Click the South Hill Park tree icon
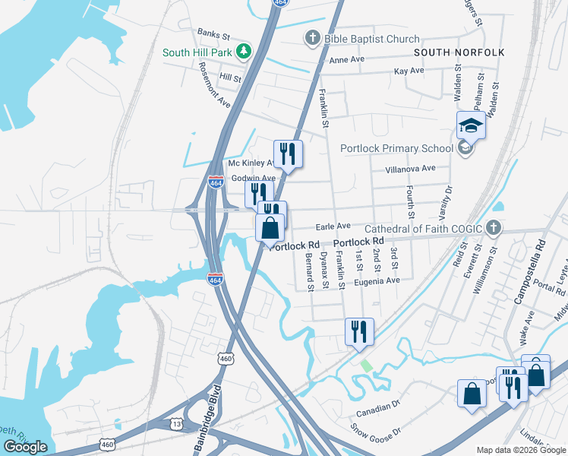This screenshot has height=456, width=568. click(244, 52)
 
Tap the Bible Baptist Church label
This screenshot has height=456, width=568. click(371, 39)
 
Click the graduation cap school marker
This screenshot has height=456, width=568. click(471, 125)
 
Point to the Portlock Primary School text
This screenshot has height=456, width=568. click(396, 148)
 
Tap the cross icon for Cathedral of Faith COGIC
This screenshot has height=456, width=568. click(494, 228)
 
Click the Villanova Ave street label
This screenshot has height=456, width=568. click(410, 168)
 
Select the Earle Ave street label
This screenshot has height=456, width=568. click(333, 226)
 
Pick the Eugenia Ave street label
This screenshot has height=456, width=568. click(381, 280)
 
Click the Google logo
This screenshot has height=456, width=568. click(26, 447)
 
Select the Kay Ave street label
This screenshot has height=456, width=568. click(409, 71)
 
